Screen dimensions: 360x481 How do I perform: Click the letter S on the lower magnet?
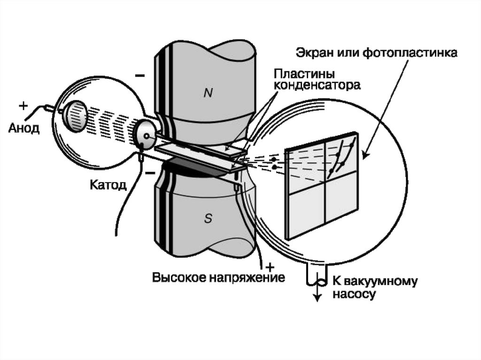click(208, 217)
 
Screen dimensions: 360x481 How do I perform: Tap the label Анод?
click(23, 128)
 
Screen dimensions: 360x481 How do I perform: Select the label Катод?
click(108, 184)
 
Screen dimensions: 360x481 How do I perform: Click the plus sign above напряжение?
click(269, 265)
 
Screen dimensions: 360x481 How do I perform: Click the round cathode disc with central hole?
click(146, 133)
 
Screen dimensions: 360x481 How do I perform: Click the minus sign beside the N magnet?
click(140, 75)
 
